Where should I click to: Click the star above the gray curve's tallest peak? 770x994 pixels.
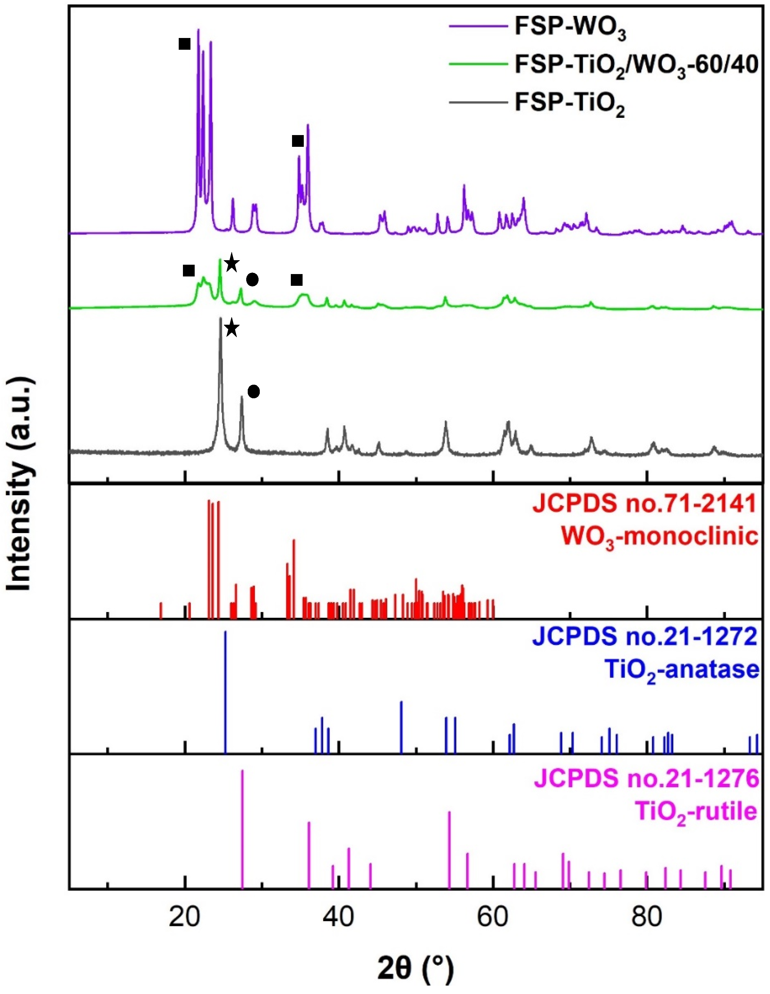coord(232,328)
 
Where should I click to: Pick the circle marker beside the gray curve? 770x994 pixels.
coord(253,391)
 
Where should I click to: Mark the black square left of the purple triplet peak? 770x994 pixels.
coord(184,44)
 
